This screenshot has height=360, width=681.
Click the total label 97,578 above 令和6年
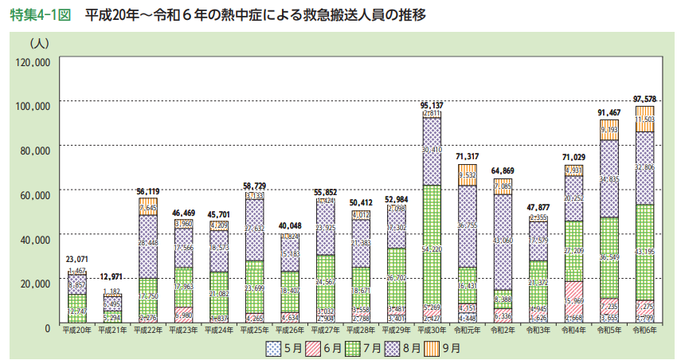tap(644, 98)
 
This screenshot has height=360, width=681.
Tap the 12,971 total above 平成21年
tap(112, 276)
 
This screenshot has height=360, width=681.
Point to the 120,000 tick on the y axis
tap(33, 61)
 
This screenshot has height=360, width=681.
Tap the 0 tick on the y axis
tap(47, 327)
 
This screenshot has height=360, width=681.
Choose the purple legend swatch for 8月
tap(393, 346)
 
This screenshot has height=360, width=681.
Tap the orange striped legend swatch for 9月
tap(433, 346)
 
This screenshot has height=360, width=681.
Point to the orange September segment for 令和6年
tap(644, 118)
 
